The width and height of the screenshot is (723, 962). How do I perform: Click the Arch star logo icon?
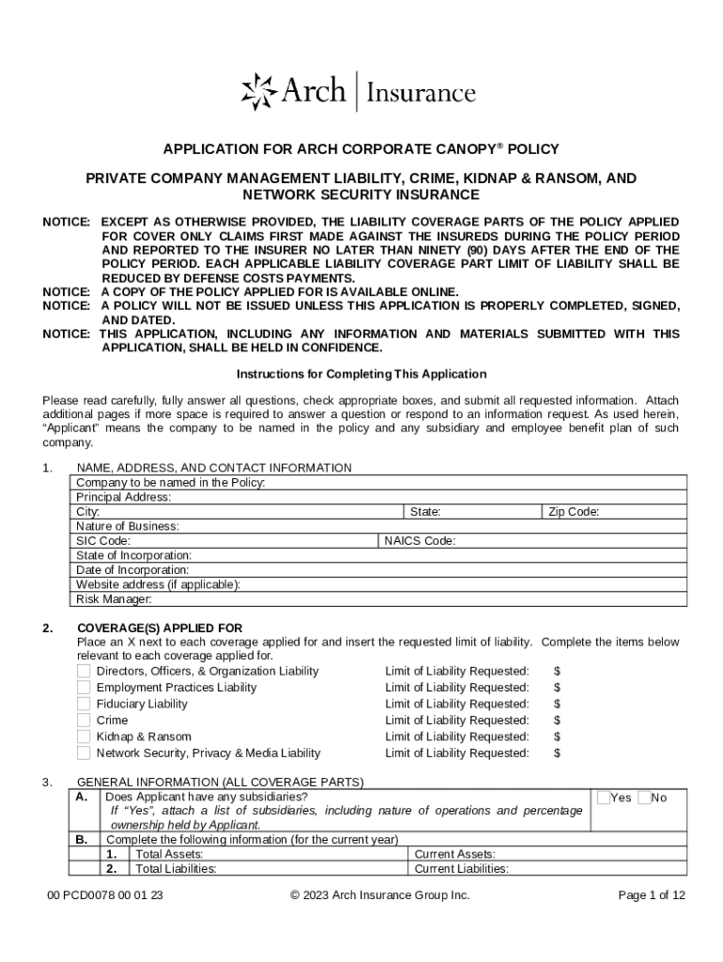(260, 91)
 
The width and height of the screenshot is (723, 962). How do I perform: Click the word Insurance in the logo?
(420, 93)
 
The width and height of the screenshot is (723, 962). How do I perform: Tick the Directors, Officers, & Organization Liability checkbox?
(84, 671)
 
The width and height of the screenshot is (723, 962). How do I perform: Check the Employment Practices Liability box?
(84, 688)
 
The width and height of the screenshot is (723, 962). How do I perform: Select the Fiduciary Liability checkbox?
(84, 704)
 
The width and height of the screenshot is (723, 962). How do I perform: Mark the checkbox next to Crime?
(84, 721)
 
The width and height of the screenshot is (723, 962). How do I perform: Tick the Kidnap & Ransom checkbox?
(84, 737)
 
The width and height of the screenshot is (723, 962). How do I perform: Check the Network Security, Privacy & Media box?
(84, 753)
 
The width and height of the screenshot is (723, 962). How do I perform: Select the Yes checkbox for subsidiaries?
(604, 798)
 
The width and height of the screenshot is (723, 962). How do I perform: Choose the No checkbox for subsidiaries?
(644, 798)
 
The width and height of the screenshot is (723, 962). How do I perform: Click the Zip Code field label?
(574, 512)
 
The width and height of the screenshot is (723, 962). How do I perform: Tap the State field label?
(425, 512)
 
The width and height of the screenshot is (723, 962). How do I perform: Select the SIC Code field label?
(103, 541)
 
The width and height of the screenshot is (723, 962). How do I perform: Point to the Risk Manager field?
(114, 598)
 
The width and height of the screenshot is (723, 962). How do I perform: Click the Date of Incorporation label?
(132, 569)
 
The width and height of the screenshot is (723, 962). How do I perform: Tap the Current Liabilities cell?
(461, 869)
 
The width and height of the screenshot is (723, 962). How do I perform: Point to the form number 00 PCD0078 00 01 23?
(105, 895)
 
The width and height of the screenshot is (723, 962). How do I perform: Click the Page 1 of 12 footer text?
(652, 895)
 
